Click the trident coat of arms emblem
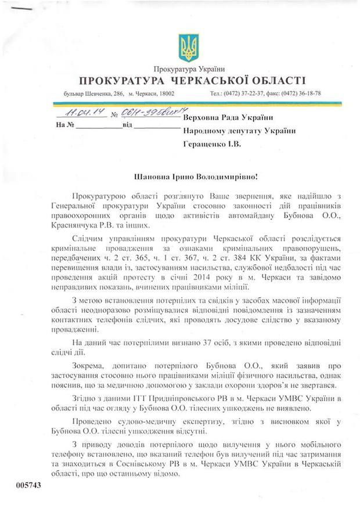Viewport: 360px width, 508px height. coord(188,48)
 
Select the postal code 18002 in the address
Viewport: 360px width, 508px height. coord(170,93)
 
